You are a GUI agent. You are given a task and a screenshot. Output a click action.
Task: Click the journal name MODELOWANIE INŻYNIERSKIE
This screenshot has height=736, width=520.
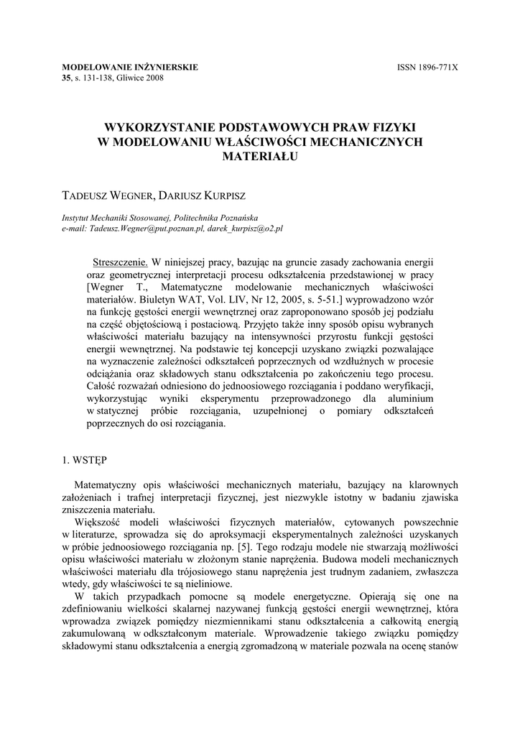tap(130, 68)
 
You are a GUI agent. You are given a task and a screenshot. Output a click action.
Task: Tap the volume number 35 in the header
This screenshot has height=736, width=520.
tap(68, 78)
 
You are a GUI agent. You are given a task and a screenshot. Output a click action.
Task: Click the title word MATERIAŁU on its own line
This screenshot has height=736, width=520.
tap(260, 155)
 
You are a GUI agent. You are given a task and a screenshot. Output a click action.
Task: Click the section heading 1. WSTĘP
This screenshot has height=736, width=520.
tap(85, 458)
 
